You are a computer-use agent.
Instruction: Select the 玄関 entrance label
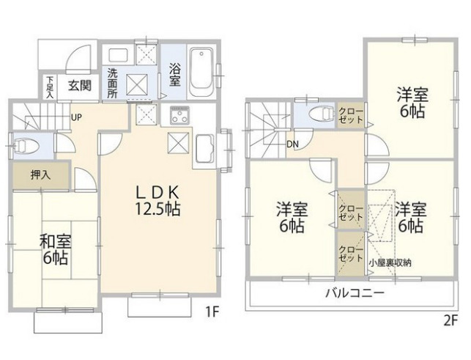tap(80, 85)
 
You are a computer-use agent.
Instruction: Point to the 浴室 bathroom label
tap(174, 75)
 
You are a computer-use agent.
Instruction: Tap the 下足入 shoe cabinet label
tap(49, 87)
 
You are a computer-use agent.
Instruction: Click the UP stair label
tap(75, 116)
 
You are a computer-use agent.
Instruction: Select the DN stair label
tap(292, 143)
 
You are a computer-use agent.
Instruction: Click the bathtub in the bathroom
tap(201, 73)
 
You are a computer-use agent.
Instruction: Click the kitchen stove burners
tap(179, 115)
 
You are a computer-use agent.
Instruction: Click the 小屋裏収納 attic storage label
tap(390, 262)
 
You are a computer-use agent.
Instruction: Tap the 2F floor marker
tap(449, 320)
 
